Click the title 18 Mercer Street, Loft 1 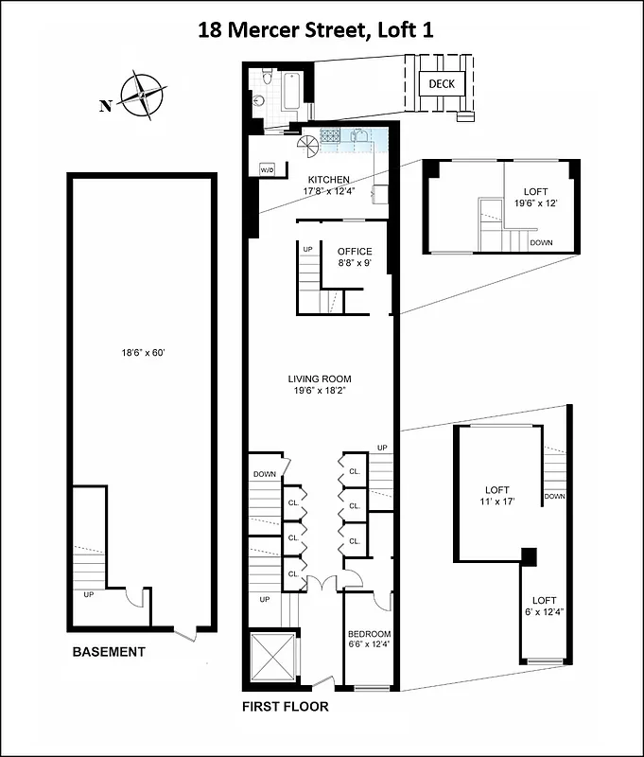pos(322,29)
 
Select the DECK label pos(442,84)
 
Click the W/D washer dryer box pos(267,169)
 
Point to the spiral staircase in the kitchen pos(307,148)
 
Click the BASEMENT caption pos(110,652)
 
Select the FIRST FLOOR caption pos(285,706)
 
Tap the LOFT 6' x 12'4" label pos(543,607)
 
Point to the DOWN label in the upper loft pos(541,242)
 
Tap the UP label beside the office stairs pos(307,249)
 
